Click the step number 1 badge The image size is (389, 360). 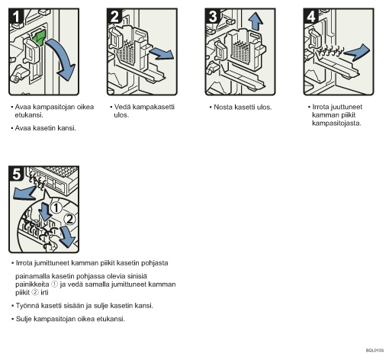coord(16,16)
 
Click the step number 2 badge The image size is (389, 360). coord(114,16)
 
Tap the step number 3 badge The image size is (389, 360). coord(212,16)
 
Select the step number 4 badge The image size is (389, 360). coord(310,16)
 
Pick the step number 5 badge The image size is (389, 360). coord(16,174)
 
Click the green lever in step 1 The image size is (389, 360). coord(39,37)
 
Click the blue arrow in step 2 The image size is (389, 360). coord(162,54)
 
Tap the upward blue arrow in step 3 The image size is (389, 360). coord(256,21)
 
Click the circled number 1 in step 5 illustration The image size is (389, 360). coord(56,207)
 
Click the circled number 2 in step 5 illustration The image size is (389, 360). coord(69,219)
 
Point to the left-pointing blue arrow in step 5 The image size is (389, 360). coord(24,192)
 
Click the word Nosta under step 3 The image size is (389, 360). coord(223,108)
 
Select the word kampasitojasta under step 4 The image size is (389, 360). coord(336,124)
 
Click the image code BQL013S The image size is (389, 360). coord(375,350)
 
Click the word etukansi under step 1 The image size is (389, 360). coord(29,115)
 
